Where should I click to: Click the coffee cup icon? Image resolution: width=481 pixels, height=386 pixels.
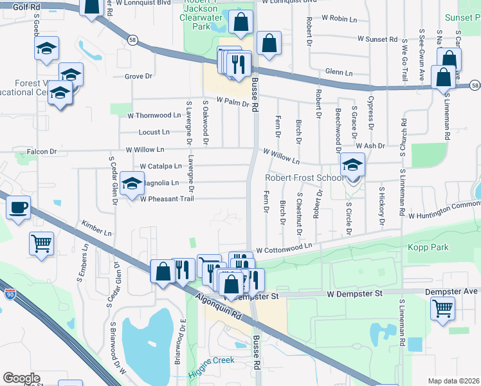[18, 208]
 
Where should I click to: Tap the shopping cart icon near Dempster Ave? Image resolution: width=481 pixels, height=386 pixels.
[443, 309]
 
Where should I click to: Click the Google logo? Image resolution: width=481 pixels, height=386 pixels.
[21, 378]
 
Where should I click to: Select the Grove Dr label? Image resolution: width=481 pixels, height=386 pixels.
[138, 76]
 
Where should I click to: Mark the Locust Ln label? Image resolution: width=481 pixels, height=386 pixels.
[154, 133]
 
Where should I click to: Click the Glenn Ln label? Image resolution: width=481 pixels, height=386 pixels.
[340, 73]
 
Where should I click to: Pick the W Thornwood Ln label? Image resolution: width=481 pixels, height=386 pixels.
[154, 116]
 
